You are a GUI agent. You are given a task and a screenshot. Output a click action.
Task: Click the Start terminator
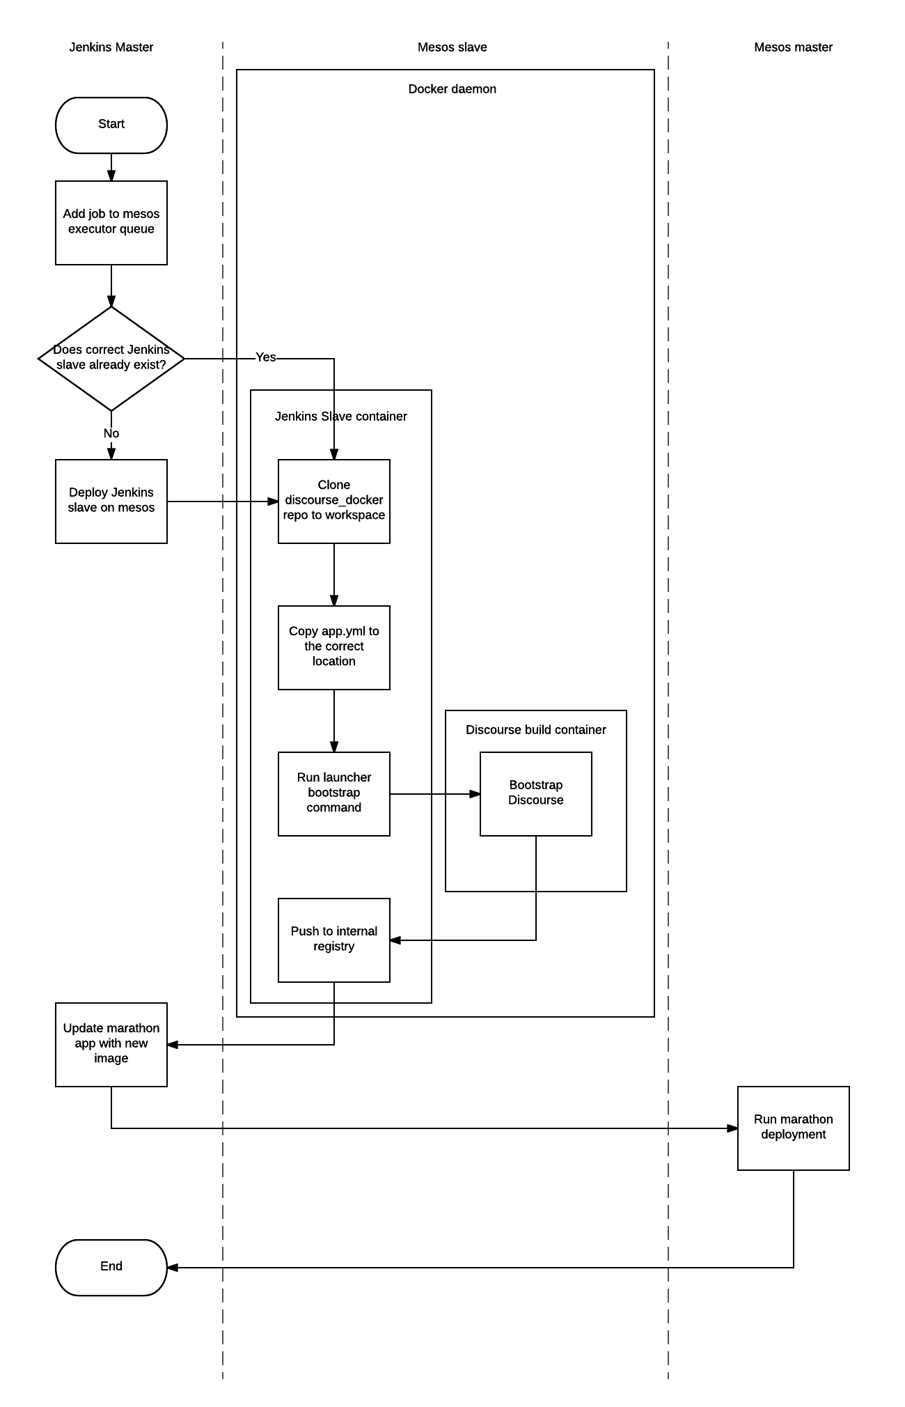point(111,125)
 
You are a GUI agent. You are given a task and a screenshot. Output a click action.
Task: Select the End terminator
point(111,1268)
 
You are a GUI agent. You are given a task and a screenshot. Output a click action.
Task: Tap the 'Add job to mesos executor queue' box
point(111,223)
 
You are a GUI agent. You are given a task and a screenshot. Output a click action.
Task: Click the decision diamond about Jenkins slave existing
point(111,359)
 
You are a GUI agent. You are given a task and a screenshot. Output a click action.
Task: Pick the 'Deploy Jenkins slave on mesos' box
point(111,502)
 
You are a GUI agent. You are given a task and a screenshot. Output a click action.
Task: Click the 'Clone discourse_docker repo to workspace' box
point(334,502)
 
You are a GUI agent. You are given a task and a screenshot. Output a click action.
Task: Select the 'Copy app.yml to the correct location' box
point(334,648)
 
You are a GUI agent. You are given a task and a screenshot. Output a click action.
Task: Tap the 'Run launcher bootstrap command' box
point(334,794)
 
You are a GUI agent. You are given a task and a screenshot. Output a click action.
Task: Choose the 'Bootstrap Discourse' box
point(536,794)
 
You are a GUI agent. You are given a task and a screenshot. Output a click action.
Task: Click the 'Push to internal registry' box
point(334,940)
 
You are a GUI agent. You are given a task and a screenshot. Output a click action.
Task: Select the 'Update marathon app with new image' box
point(111,1045)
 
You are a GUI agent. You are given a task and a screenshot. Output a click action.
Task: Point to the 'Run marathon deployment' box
point(794,1128)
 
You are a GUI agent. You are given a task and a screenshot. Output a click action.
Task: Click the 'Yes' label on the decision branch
point(266,357)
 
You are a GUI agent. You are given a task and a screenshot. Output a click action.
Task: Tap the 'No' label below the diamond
point(111,434)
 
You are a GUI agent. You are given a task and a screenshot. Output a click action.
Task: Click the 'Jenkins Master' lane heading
point(111,47)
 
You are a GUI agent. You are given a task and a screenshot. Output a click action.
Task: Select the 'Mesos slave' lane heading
point(452,47)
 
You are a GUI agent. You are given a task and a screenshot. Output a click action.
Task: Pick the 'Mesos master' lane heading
point(794,47)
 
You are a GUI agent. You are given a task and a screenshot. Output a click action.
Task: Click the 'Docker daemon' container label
point(452,89)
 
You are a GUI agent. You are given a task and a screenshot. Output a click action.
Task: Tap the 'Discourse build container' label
point(536,730)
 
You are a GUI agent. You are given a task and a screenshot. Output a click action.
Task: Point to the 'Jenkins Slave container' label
point(341,417)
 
